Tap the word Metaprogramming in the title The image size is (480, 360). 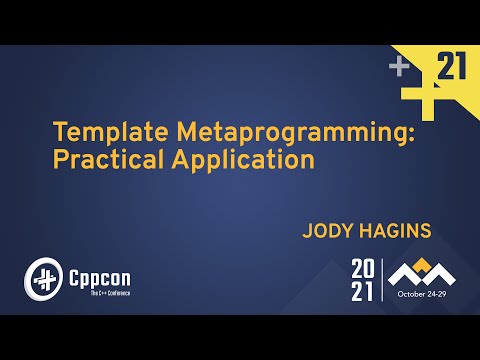[256, 133]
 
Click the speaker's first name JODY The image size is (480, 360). [327, 232]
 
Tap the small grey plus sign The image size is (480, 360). [400, 68]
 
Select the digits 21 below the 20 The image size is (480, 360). [362, 293]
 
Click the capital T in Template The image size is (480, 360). [59, 133]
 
